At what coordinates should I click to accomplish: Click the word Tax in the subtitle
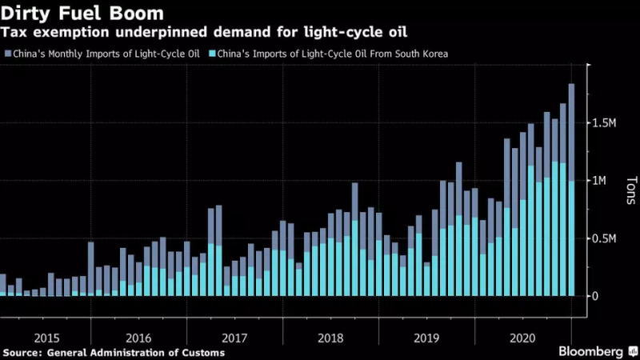(15, 33)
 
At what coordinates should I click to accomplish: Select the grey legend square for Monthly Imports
(8, 54)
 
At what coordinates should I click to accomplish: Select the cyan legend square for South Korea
(212, 54)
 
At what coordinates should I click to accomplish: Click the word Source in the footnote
(24, 352)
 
